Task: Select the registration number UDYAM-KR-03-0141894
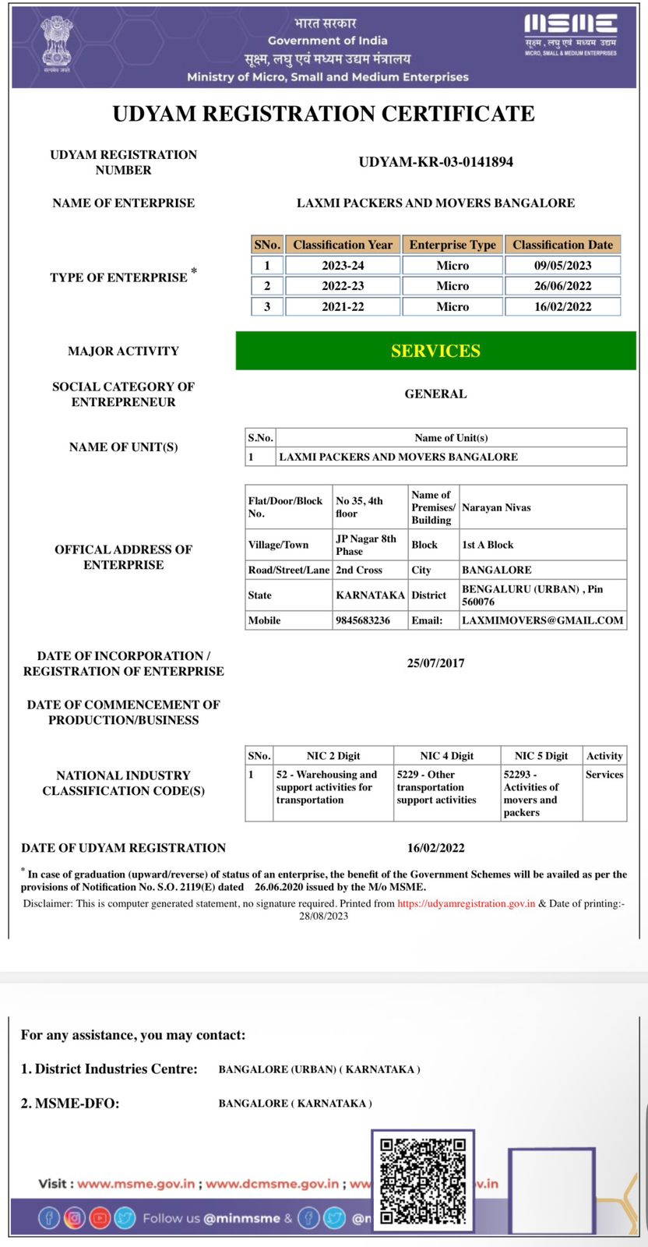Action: click(435, 162)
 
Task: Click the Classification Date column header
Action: click(562, 245)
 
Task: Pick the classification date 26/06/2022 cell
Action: click(562, 286)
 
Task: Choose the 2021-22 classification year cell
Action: click(343, 306)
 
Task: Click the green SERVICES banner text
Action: click(435, 351)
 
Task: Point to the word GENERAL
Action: click(435, 394)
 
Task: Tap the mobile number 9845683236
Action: click(363, 620)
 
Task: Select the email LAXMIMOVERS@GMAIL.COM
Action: click(542, 620)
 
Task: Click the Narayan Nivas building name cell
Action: click(496, 507)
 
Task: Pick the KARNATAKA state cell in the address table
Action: click(370, 595)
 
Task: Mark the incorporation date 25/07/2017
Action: click(435, 663)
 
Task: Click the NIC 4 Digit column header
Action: click(446, 756)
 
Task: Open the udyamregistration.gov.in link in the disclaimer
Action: click(466, 904)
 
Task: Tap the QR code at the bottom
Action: click(423, 1180)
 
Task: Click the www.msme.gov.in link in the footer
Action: click(136, 1184)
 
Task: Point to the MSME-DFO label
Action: click(70, 1104)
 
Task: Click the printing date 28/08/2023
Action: click(323, 916)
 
